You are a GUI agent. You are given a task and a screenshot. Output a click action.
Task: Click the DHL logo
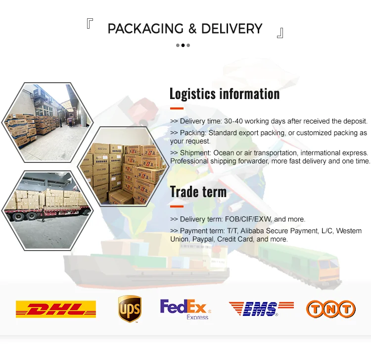tap(56, 309)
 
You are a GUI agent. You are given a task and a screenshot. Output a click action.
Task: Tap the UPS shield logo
tap(130, 309)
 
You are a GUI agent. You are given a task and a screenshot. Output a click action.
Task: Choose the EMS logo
tap(261, 309)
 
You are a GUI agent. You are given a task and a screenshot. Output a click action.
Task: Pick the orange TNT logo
tap(331, 309)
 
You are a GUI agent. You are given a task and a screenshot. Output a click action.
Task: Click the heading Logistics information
tap(225, 94)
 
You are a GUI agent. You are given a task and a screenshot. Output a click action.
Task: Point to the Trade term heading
tap(198, 191)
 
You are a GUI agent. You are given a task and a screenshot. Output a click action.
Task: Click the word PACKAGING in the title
tap(145, 29)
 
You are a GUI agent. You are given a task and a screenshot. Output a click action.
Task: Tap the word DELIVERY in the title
tap(232, 29)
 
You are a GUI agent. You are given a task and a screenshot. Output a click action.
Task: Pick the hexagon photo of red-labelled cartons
tap(124, 166)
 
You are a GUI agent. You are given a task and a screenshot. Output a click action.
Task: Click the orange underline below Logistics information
tap(177, 108)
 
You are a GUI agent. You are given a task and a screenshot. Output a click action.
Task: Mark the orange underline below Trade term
tap(177, 206)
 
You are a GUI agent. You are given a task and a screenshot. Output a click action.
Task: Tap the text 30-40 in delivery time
tap(233, 121)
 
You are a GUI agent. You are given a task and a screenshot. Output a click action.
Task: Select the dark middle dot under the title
tap(183, 45)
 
